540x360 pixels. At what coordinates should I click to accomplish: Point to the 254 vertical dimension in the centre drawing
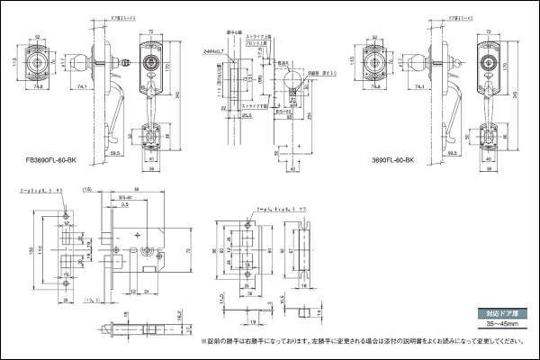coord(309,113)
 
